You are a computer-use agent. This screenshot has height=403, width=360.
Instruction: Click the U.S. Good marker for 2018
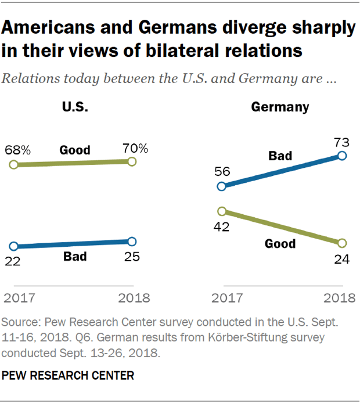[132, 161]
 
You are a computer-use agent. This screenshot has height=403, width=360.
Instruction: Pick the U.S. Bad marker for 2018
[132, 242]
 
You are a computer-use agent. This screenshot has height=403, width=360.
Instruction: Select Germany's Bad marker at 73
[341, 155]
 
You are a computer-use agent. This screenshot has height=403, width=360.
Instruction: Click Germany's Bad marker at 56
[221, 186]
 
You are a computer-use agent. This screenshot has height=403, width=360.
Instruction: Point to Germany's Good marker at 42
[221, 211]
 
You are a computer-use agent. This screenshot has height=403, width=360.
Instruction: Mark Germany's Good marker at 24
[341, 243]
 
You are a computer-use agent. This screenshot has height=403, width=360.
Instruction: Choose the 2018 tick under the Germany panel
[339, 299]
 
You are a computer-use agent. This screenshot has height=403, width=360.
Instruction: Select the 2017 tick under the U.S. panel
[19, 299]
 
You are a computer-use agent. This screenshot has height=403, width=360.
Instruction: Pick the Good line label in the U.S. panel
[75, 151]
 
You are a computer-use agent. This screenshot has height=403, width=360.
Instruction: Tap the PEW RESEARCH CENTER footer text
[69, 376]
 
